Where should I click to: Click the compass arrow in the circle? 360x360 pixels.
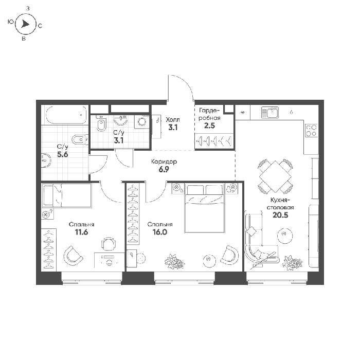pyautogui.click(x=25, y=24)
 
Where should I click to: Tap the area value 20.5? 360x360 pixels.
pyautogui.click(x=280, y=215)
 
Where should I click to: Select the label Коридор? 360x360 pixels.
pyautogui.click(x=164, y=162)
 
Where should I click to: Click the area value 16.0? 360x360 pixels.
pyautogui.click(x=160, y=232)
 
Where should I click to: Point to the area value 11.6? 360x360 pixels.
pyautogui.click(x=81, y=232)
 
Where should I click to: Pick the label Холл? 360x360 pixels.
pyautogui.click(x=173, y=120)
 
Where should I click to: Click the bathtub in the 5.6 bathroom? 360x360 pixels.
pyautogui.click(x=66, y=115)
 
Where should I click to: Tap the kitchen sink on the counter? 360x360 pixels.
pyautogui.click(x=270, y=113)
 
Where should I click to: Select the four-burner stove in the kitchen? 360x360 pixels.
pyautogui.click(x=311, y=131)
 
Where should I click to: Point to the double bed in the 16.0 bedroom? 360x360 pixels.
pyautogui.click(x=204, y=208)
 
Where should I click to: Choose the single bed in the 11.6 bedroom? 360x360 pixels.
pyautogui.click(x=66, y=195)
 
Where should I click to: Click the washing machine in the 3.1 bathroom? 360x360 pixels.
pyautogui.click(x=141, y=122)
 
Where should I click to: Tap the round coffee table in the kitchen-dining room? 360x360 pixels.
pyautogui.click(x=285, y=235)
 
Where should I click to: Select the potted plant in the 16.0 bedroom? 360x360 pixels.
pyautogui.click(x=174, y=261)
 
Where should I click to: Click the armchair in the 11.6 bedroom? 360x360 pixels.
pyautogui.click(x=73, y=256)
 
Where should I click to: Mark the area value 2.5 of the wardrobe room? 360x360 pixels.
pyautogui.click(x=209, y=126)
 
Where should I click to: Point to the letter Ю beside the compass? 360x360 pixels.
pyautogui.click(x=11, y=22)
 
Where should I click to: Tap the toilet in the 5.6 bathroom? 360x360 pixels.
pyautogui.click(x=79, y=139)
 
